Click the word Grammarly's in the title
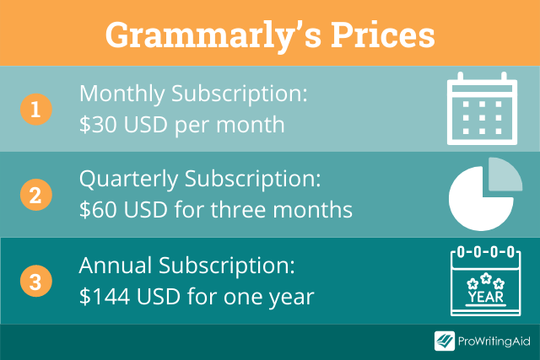(213, 36)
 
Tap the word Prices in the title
(382, 35)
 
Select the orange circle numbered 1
(35, 110)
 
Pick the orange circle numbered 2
(35, 195)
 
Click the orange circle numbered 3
(35, 281)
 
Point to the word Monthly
(122, 94)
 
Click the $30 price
(98, 124)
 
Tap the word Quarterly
(129, 180)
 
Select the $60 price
(98, 210)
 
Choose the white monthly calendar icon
(482, 109)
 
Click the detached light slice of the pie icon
(505, 175)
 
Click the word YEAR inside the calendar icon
(486, 297)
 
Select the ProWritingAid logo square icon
(445, 341)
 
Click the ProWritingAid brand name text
(494, 341)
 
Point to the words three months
(282, 210)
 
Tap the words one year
(268, 297)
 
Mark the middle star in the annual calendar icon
(486, 278)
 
